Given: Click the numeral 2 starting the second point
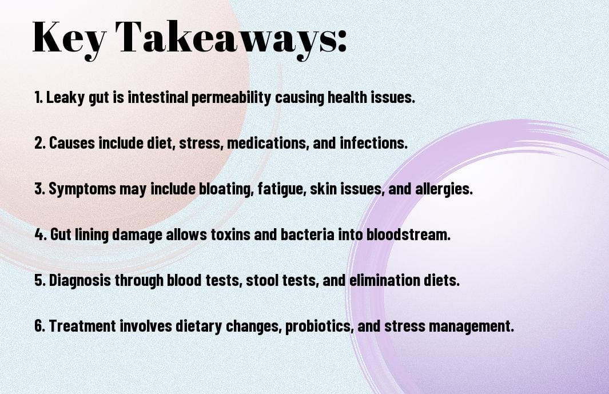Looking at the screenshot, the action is [38, 143].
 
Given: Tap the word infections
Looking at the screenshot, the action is [373, 142].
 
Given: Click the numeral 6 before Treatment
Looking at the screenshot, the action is [39, 325].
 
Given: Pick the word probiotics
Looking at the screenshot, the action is [319, 326].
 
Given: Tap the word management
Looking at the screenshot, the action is [471, 326].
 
